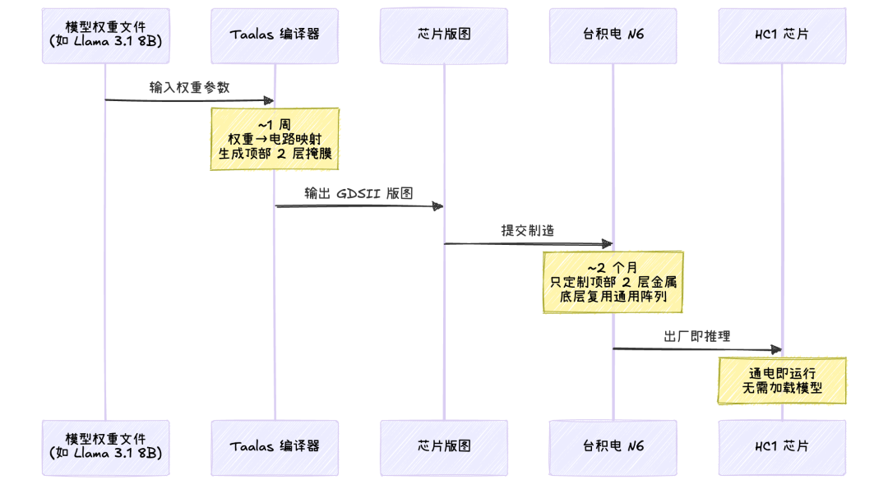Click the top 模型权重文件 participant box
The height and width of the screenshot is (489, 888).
105,35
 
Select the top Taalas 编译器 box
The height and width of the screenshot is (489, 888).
275,35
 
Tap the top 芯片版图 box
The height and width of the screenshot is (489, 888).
444,35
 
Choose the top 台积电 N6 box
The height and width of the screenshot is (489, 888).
613,35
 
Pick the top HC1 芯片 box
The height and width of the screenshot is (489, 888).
782,35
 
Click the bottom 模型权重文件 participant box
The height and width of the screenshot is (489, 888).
105,448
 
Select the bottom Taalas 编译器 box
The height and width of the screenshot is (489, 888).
275,448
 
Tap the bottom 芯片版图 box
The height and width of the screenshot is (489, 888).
444,448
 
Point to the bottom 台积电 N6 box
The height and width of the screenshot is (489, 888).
613,448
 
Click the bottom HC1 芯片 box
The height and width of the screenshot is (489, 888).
782,448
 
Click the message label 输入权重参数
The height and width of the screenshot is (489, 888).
189,87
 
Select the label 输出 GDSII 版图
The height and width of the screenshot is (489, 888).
358,193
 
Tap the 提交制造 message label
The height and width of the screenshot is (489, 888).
528,230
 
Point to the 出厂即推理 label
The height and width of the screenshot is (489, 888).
697,336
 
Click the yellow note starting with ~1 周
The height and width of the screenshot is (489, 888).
275,139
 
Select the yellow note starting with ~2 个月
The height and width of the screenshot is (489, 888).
613,282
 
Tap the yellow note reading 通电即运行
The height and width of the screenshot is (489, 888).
782,381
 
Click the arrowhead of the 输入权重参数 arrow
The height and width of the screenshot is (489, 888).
270,101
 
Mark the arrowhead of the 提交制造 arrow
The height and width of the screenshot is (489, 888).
608,244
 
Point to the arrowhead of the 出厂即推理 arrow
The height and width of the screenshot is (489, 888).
777,350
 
